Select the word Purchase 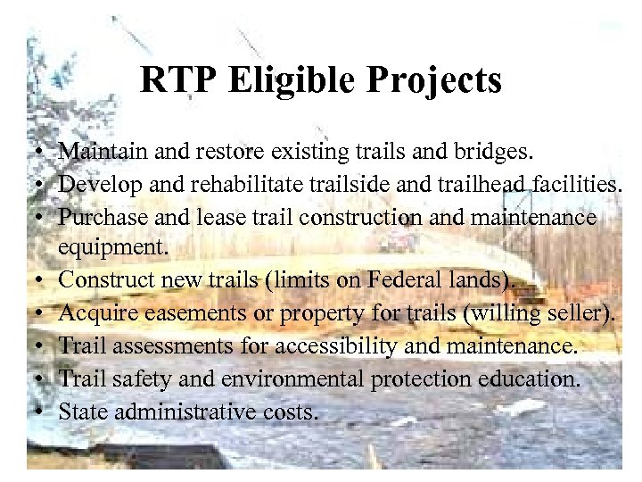(x=98, y=217)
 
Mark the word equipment (x=106, y=248)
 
